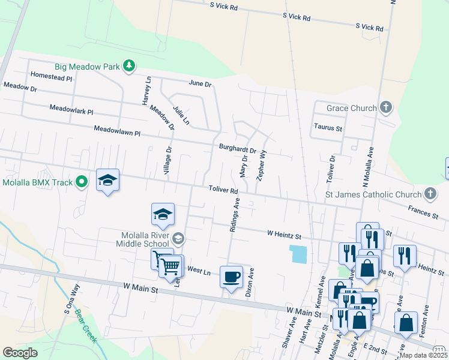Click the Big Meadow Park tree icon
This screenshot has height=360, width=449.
tap(128, 65)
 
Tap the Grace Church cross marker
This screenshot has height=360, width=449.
tap(385, 108)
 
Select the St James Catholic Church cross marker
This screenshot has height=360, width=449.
tap(430, 194)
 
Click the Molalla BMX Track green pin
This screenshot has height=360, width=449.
tap(83, 182)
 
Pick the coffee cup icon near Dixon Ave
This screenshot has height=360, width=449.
tap(231, 277)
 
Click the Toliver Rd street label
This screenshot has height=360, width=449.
tap(224, 189)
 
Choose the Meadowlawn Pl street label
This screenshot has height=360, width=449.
tap(116, 130)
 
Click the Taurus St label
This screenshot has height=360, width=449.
tap(328, 128)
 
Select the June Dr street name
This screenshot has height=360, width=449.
tap(200, 83)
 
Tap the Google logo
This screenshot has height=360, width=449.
tap(20, 353)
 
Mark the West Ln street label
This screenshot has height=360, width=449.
tap(199, 271)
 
